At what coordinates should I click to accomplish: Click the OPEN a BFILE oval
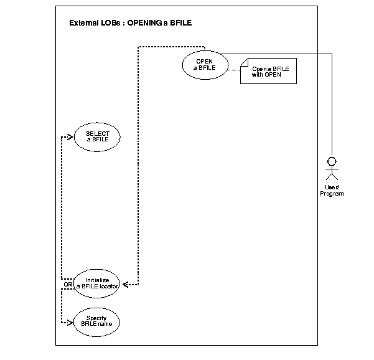pos(204,65)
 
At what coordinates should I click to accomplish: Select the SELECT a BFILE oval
pos(97,137)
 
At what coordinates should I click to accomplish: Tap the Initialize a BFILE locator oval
pos(97,283)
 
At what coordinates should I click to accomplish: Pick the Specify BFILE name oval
pos(97,321)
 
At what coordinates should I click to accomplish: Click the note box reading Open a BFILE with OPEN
pos(268,71)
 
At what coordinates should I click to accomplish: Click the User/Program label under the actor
pos(332,191)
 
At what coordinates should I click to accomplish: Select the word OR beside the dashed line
pos(67,285)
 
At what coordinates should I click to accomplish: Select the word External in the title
pos(84,24)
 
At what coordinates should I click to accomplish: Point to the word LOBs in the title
pos(110,24)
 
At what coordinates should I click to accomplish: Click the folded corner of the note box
pos(245,61)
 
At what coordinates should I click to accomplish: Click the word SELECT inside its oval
pos(97,133)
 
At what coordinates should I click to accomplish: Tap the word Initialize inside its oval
pos(97,280)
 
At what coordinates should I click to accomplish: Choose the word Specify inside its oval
pos(97,318)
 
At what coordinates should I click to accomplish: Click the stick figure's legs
pos(332,178)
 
